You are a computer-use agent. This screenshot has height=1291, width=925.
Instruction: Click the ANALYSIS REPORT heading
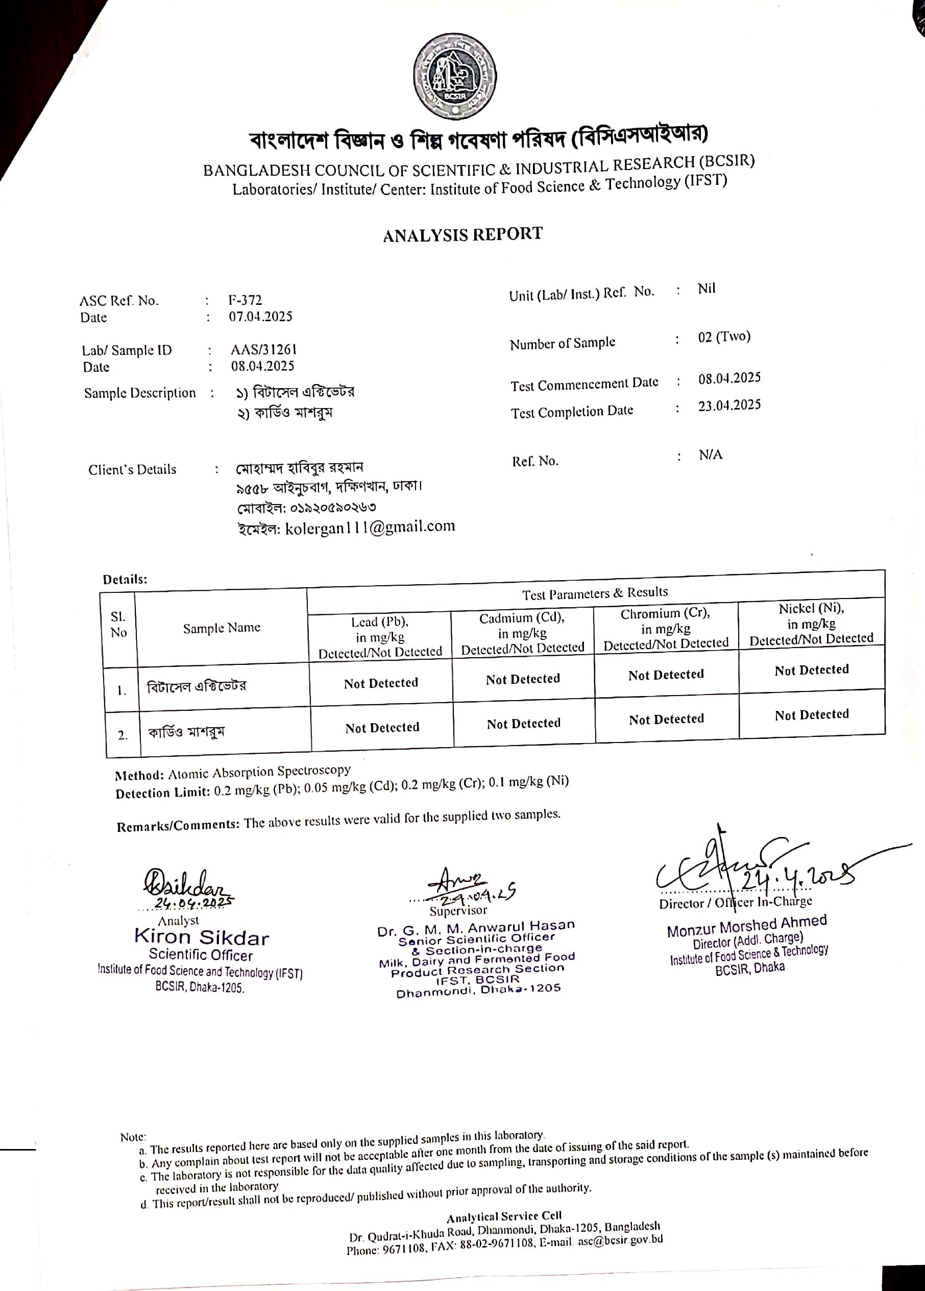point(462,234)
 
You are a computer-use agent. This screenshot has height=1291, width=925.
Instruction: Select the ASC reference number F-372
point(245,300)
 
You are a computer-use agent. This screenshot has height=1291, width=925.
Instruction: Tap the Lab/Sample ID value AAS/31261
point(263,349)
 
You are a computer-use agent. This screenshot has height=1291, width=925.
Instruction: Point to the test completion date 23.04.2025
point(729,405)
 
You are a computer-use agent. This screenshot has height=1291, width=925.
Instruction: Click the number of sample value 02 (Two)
point(724,337)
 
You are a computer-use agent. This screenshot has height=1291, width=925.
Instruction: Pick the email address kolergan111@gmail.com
point(370,528)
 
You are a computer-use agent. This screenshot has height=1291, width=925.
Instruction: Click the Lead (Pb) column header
point(380,621)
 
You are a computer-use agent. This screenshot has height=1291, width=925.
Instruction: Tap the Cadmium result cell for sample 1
point(523,679)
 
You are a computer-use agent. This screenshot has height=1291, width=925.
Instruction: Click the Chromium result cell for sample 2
point(666,720)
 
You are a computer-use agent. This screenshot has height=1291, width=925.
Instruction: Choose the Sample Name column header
point(222,627)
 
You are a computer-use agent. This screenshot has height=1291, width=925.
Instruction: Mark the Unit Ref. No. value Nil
point(707,289)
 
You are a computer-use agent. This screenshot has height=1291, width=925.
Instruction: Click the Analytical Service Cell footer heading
point(504,1216)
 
